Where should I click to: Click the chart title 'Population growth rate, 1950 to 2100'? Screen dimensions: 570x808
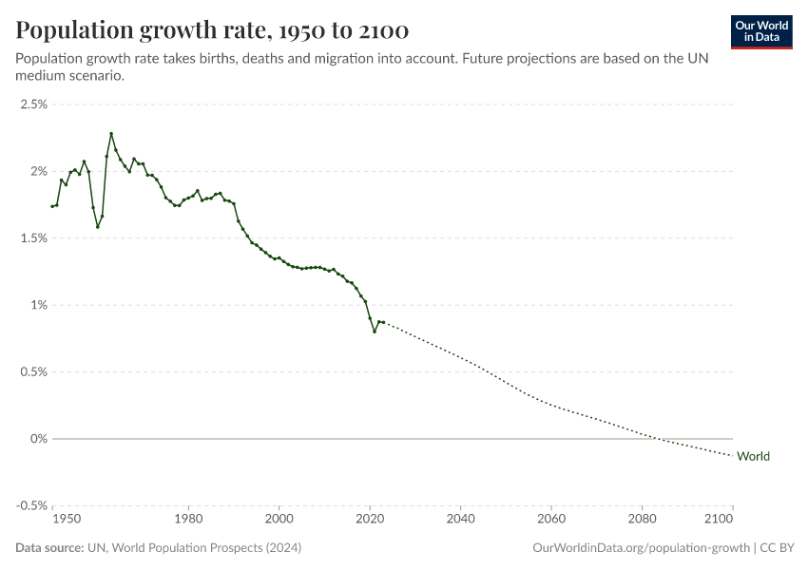click(212, 30)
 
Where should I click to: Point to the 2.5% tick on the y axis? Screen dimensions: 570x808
click(33, 104)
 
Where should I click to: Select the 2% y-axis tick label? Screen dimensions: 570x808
click(38, 171)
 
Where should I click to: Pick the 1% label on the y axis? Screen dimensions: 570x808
click(38, 305)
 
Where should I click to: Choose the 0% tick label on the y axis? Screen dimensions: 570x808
click(38, 439)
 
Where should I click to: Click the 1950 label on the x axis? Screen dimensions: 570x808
click(66, 520)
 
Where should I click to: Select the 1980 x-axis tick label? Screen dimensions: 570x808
click(188, 520)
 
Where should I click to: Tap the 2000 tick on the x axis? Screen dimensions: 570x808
click(279, 520)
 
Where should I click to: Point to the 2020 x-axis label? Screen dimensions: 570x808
click(370, 520)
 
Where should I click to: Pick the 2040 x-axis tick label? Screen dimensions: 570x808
click(460, 520)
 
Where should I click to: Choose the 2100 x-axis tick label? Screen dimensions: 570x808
click(721, 520)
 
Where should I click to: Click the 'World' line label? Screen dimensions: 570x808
click(753, 456)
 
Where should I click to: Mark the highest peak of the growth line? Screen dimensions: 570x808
click(111, 134)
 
